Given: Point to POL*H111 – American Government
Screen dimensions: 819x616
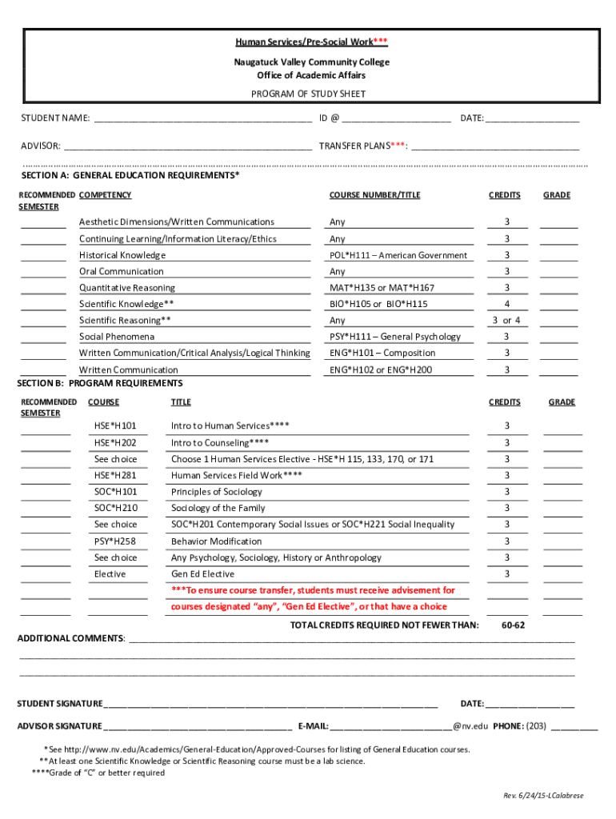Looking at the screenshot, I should (398, 255).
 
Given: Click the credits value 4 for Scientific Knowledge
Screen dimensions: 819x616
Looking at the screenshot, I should (506, 304).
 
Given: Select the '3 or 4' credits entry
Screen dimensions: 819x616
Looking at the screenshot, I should (506, 321).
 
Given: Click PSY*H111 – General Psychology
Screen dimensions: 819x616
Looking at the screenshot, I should (395, 337).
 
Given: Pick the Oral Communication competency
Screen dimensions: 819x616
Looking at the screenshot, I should (121, 272).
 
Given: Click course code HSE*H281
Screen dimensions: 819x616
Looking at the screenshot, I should (115, 475).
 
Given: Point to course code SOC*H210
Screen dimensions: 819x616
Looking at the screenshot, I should (115, 508).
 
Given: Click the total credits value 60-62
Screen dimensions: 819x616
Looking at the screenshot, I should (513, 625).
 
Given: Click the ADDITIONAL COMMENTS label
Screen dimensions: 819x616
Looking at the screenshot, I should (71, 638).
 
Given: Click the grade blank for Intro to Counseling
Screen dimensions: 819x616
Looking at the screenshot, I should (562, 444).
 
